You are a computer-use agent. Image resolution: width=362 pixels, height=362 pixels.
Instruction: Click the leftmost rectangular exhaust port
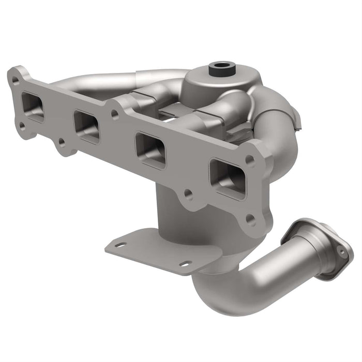(x=33, y=107)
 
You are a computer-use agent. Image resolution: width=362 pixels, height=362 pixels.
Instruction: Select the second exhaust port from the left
(x=87, y=126)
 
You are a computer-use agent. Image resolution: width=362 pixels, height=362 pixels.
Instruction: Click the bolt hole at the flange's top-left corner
(x=16, y=80)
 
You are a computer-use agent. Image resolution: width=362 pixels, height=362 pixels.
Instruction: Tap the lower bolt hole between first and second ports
(x=62, y=141)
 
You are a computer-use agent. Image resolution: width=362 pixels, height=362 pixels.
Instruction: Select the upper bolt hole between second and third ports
(x=115, y=115)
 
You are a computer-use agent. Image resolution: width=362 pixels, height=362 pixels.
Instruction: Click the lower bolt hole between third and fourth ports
(x=188, y=195)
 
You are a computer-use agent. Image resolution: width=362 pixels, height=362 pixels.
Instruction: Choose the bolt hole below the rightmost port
(x=250, y=219)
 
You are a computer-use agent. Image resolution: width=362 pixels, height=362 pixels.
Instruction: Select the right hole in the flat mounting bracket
(x=184, y=264)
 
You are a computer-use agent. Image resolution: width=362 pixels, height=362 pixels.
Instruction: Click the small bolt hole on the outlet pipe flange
(x=340, y=251)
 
